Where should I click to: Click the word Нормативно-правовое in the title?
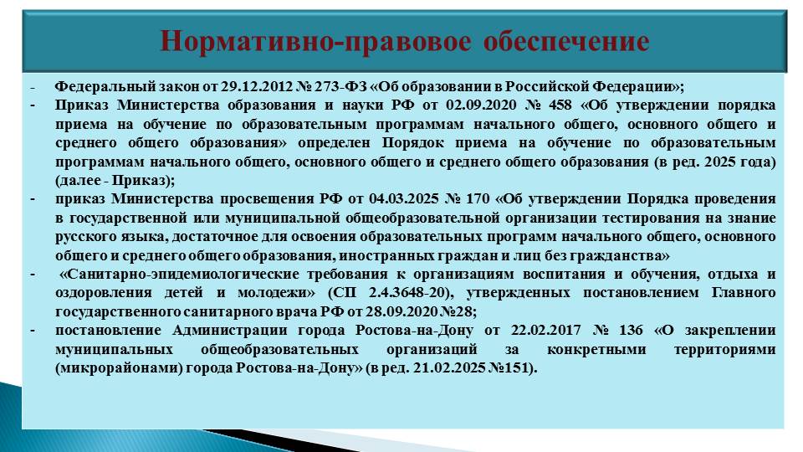pyautogui.click(x=315, y=42)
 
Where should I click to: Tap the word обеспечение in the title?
pyautogui.click(x=566, y=41)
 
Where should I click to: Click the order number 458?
pyautogui.click(x=560, y=105)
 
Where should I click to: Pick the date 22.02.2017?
pyautogui.click(x=546, y=330)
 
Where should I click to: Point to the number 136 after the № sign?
pyautogui.click(x=631, y=330)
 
